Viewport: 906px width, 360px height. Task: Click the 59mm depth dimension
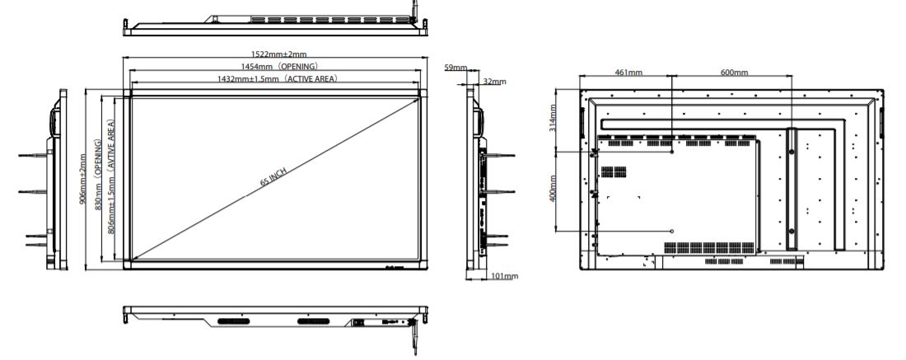[455, 68]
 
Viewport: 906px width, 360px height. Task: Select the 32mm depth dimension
[494, 82]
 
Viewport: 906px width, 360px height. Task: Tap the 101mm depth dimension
[504, 275]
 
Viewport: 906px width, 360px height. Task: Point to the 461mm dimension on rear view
[629, 72]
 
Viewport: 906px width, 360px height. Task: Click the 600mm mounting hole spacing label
[734, 72]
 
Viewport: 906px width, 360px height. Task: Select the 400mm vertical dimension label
[554, 190]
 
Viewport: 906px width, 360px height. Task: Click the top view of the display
[275, 25]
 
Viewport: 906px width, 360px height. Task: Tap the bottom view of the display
[275, 316]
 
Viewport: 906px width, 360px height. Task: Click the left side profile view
[53, 181]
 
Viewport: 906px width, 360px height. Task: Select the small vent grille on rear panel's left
[613, 172]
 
